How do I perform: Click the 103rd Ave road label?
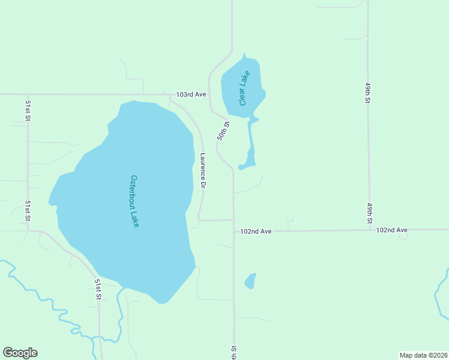coord(191,95)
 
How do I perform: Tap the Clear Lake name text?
coord(244,88)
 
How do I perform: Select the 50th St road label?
coord(223,131)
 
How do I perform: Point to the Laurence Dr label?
coord(203,172)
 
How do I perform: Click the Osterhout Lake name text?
coord(135,201)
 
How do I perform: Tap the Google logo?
coord(20,353)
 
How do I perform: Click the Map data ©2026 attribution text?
coord(423,355)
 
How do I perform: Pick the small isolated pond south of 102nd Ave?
coord(250,281)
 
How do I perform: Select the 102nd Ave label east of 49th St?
coord(391,230)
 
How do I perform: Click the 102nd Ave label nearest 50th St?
coord(256,231)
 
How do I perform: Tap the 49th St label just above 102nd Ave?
coord(370,214)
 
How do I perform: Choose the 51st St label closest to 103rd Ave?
coord(28,110)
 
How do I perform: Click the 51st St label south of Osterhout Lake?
coord(98,289)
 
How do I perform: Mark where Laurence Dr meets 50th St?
coord(234,220)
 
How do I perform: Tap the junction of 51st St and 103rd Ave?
coord(28,94)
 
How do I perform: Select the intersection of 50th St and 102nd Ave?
coord(234,231)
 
